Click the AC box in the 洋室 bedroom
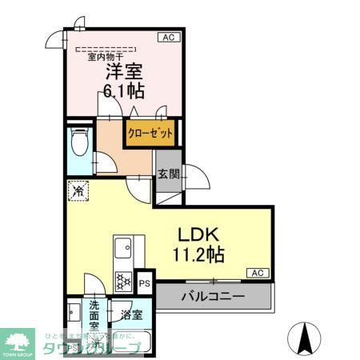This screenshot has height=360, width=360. point(169,37)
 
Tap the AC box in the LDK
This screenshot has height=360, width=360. point(258,273)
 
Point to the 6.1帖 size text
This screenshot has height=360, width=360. point(123,89)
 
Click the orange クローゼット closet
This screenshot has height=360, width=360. point(150,133)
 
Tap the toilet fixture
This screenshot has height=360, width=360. point(79,144)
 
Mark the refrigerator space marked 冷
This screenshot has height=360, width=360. point(78,191)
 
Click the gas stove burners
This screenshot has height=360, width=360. point(125,280)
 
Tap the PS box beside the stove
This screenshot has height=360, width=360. point(145,282)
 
